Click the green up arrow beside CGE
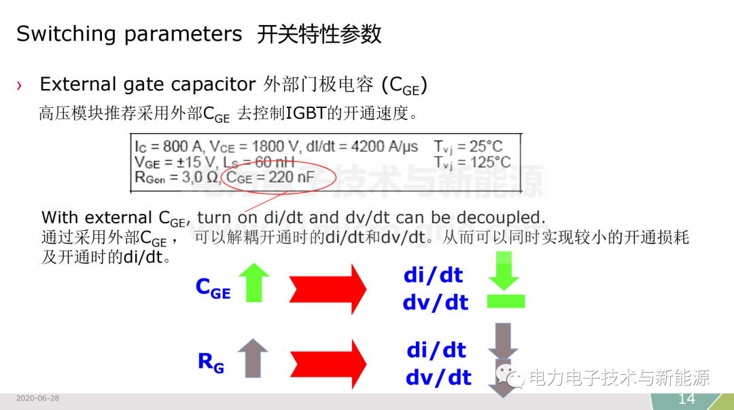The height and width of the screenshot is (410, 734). tap(254, 282)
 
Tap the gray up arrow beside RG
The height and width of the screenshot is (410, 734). tap(253, 358)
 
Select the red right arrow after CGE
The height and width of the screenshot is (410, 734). tap(328, 289)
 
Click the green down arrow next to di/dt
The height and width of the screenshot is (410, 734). tap(504, 271)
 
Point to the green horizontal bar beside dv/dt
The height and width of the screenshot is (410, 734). tap(506, 301)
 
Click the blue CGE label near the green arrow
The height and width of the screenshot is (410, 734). tap(213, 287)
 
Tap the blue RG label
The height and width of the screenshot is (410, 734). tap(211, 362)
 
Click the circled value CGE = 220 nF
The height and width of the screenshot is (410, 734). tap(270, 178)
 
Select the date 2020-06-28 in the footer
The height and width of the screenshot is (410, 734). tap(37, 398)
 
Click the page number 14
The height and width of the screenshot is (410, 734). tap(686, 398)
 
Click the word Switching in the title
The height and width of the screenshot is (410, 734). tap(66, 35)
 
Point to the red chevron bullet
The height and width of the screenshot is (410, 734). tap(19, 86)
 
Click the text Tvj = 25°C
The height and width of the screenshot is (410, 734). tap(468, 147)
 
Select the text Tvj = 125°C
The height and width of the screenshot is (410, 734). tap(472, 163)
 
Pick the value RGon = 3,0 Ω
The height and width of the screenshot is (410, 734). tap(177, 178)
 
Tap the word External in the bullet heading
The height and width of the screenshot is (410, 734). tap(78, 85)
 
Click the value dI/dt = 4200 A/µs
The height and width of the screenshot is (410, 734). tap(362, 147)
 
